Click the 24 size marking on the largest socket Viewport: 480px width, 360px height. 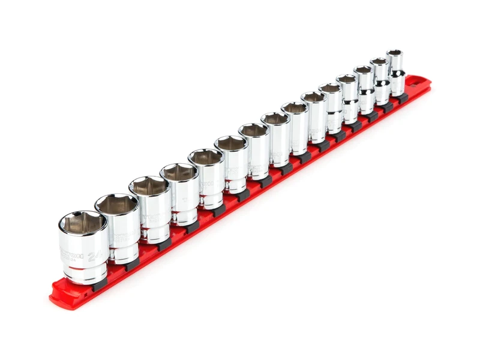pyautogui.click(x=93, y=256)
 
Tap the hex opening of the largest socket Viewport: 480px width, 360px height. pyautogui.click(x=82, y=223)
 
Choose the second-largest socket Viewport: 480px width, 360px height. pyautogui.click(x=118, y=231)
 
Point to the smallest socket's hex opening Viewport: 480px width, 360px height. pyautogui.click(x=394, y=53)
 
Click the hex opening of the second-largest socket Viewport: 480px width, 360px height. pyautogui.click(x=116, y=204)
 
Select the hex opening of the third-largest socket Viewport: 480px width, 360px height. pyautogui.click(x=148, y=185)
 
